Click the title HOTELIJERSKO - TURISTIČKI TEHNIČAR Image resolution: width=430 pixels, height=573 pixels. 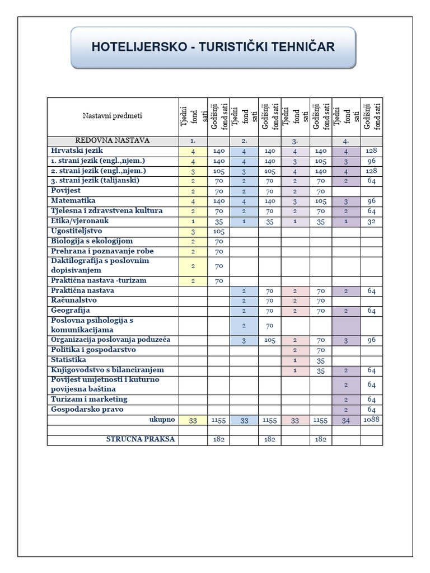click(x=213, y=47)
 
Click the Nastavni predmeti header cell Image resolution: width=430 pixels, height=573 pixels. click(x=113, y=116)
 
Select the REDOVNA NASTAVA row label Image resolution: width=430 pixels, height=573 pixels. click(x=113, y=141)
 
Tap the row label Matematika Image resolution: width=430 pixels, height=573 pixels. click(x=73, y=201)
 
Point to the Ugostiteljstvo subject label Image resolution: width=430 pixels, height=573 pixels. click(x=77, y=231)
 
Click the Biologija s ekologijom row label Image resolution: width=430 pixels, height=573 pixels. click(x=92, y=241)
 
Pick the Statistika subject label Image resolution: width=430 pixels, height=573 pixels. click(x=69, y=360)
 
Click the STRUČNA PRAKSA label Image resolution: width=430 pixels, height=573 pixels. click(x=141, y=440)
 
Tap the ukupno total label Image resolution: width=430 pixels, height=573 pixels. click(x=162, y=420)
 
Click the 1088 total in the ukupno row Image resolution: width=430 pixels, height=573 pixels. click(x=372, y=420)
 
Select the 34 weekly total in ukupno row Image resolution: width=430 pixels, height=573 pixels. click(x=346, y=420)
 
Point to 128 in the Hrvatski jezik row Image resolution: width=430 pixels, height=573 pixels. click(x=372, y=151)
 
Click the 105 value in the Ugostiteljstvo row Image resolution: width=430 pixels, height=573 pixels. click(x=218, y=231)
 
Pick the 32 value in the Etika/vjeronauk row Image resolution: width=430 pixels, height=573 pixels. click(x=372, y=221)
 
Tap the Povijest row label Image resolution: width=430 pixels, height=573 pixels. click(x=66, y=191)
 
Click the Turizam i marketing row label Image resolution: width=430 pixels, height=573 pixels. click(x=89, y=400)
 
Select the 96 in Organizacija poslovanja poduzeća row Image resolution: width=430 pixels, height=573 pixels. click(x=372, y=340)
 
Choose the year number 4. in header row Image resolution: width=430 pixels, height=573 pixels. click(x=346, y=141)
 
